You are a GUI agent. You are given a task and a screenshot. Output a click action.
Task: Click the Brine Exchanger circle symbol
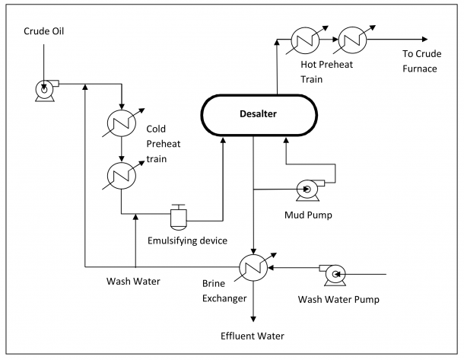tap(253, 267)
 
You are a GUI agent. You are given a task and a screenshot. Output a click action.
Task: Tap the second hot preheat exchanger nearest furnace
tap(352, 38)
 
